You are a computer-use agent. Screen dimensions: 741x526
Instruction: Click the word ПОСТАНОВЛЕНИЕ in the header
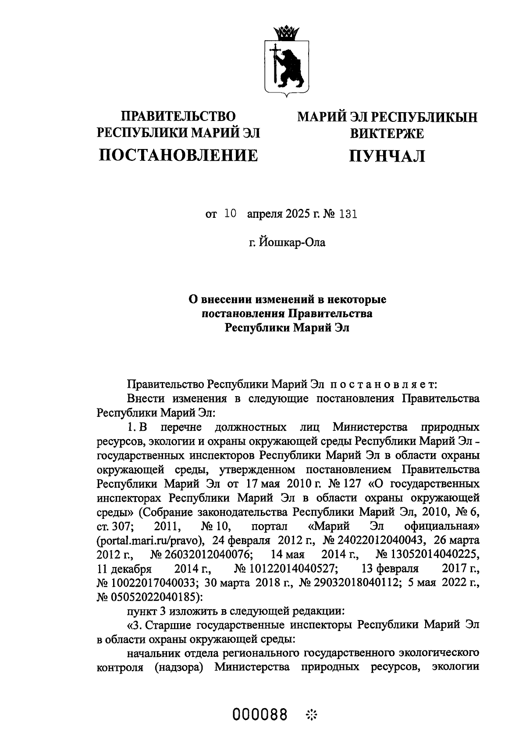click(x=178, y=155)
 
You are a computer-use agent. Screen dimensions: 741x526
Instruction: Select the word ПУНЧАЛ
click(x=387, y=156)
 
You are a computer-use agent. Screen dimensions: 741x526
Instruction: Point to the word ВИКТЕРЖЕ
click(x=387, y=133)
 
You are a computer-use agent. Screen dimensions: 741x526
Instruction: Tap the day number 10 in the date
click(x=230, y=214)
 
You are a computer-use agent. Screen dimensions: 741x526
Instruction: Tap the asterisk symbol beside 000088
click(x=311, y=716)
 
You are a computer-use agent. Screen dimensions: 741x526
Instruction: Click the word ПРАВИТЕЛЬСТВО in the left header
click(x=178, y=116)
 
